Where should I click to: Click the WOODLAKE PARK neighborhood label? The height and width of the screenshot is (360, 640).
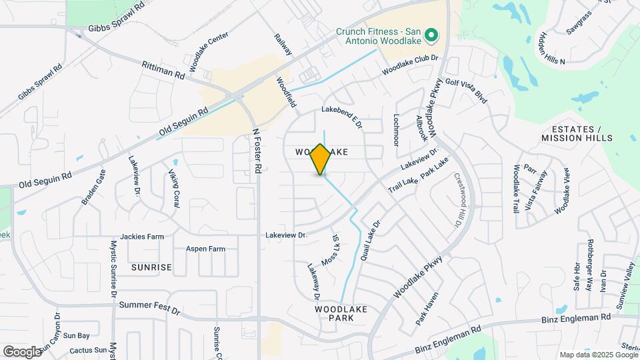coord(340,313)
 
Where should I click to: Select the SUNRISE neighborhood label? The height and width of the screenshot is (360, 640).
coord(151,267)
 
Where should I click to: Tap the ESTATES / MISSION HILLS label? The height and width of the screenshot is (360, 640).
coord(577,133)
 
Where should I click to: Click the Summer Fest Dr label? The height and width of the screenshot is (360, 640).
coord(149,308)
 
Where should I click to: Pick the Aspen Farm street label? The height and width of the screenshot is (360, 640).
coord(205,249)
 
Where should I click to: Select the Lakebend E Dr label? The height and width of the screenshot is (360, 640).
coord(341,115)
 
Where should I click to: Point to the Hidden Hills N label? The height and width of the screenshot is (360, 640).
coord(553,47)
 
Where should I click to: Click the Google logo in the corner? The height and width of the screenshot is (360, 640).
coord(22,351)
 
